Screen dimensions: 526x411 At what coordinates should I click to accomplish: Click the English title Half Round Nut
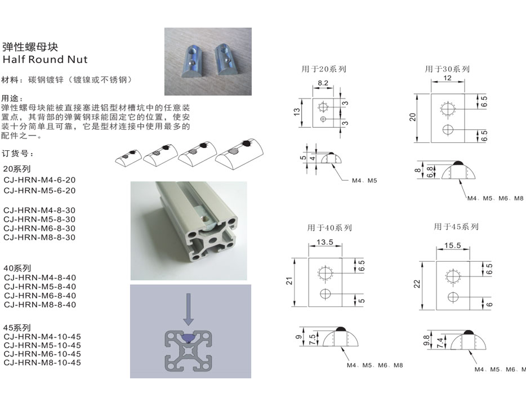(45, 59)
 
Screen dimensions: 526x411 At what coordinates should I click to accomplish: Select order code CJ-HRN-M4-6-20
(39, 180)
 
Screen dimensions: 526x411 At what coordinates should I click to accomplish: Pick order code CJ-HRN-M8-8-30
(39, 238)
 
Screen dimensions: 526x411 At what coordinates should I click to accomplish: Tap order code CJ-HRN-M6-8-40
(40, 296)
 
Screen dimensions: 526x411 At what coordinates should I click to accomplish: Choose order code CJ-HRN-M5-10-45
(42, 345)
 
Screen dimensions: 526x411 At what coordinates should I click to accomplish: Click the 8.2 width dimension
(323, 83)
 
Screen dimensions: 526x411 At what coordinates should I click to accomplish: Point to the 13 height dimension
(297, 112)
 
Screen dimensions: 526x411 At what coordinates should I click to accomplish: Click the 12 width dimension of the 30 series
(448, 78)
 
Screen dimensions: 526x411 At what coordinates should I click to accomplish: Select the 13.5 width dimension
(325, 242)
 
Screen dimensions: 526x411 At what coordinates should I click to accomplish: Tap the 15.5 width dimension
(453, 245)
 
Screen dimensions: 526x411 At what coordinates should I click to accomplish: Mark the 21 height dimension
(289, 281)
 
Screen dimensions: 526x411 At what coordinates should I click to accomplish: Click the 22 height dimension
(417, 284)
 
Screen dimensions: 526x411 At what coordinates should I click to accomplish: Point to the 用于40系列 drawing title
(329, 228)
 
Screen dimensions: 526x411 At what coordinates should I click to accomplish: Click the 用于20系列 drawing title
(324, 69)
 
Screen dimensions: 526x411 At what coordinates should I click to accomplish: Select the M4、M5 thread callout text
(364, 180)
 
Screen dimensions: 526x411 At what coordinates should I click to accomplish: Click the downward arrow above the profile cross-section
(189, 309)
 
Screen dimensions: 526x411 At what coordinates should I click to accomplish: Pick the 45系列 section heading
(17, 328)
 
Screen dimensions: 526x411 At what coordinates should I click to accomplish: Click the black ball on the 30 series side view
(458, 163)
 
